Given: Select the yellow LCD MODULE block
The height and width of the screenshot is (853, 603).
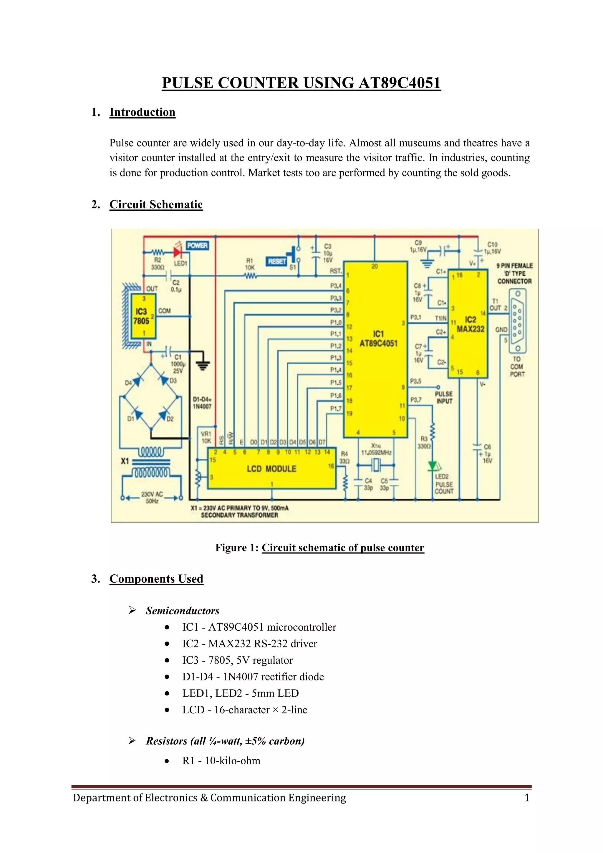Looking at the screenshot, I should coord(271,469).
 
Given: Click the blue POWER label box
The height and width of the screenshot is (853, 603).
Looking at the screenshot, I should coord(197,246).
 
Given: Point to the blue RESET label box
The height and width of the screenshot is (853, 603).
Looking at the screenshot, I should coord(277,262).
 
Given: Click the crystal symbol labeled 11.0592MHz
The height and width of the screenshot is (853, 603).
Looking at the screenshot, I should coord(375,464).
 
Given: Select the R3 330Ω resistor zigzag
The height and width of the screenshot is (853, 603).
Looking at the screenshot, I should coord(432,432).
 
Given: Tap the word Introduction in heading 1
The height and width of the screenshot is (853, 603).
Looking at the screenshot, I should coord(142,112).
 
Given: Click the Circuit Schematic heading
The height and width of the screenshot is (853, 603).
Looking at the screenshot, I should coord(156,205).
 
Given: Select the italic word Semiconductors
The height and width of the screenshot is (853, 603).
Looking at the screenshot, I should coord(182,611).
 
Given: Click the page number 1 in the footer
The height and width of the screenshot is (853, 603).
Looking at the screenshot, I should coord(526,798).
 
